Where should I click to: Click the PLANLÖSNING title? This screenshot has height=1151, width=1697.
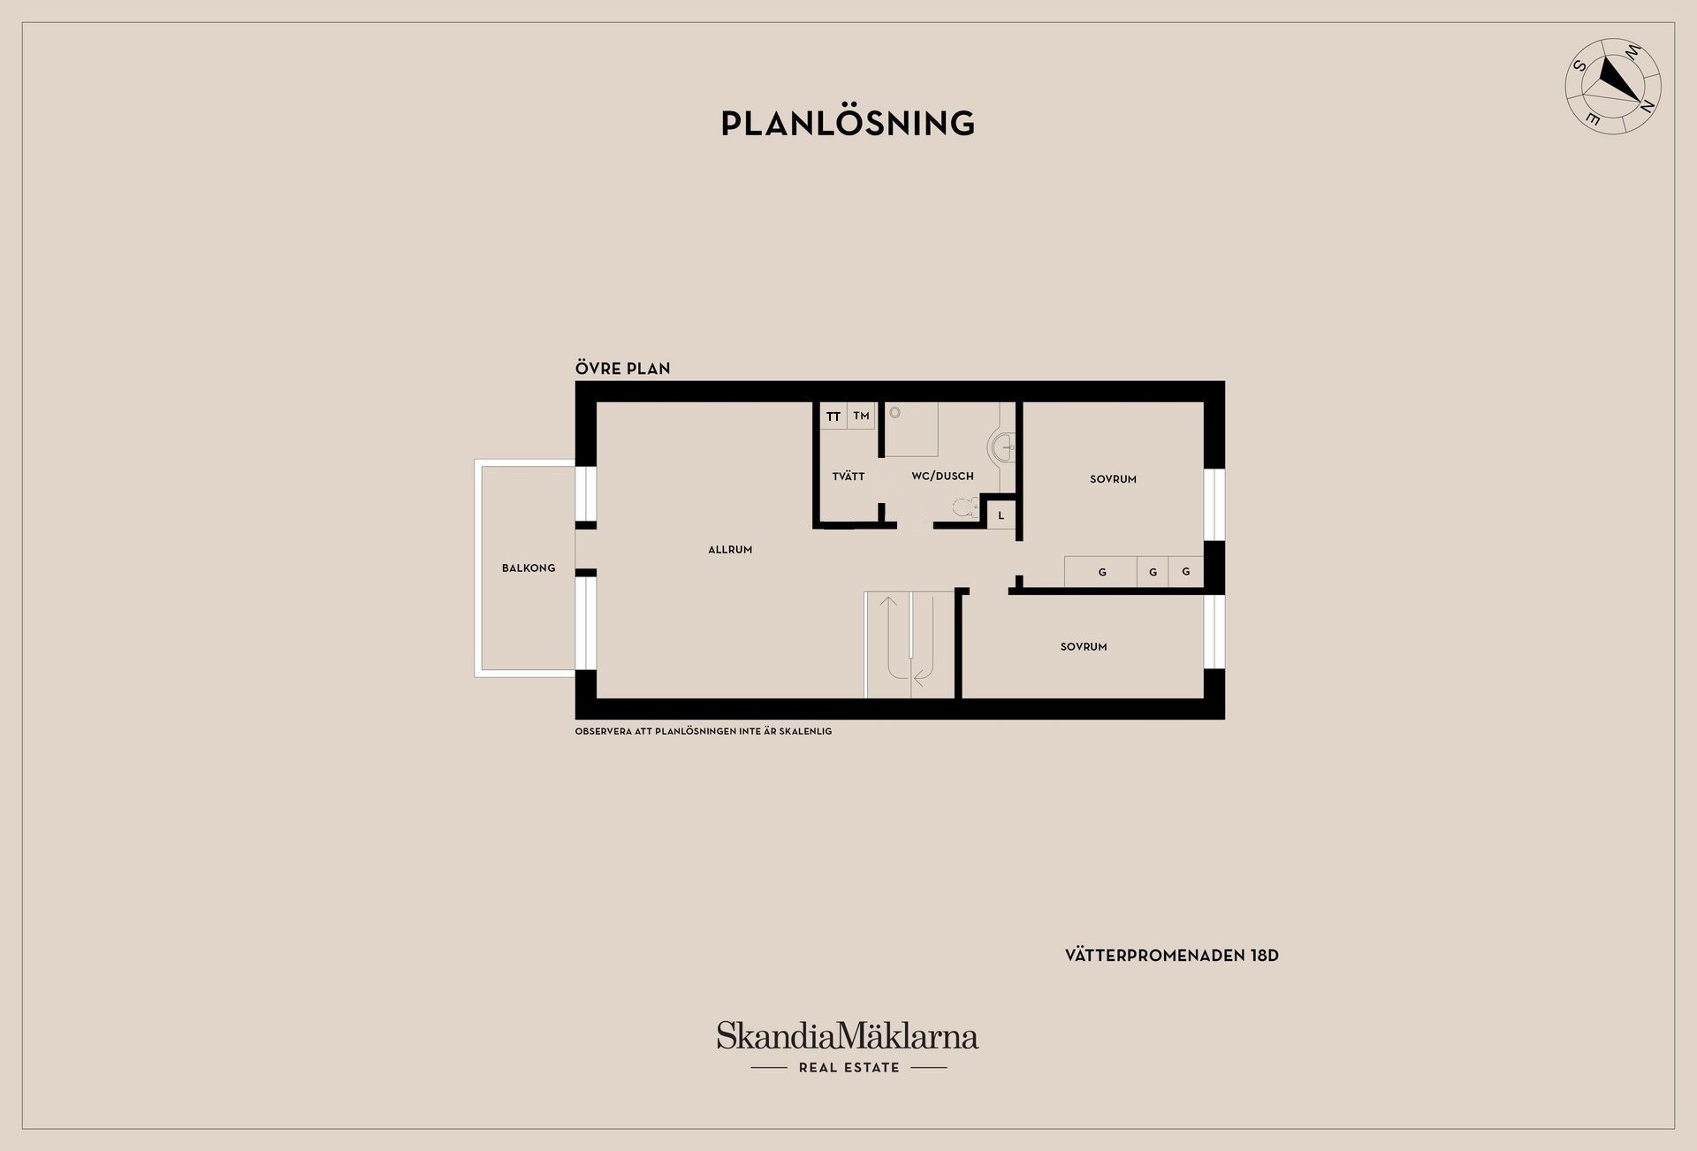[848, 123]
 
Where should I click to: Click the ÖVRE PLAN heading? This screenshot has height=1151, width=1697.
[622, 368]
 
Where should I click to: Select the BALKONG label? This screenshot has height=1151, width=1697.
[529, 568]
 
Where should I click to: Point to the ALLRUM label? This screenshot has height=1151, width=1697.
[730, 549]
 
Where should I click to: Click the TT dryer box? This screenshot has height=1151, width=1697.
[833, 415]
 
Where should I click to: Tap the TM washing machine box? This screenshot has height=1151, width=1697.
[861, 415]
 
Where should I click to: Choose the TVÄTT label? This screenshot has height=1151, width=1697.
[848, 476]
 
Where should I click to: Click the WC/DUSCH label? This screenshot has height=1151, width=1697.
[942, 476]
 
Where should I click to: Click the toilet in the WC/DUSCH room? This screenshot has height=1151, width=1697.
[966, 507]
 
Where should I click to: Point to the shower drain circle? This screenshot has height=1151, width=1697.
[894, 412]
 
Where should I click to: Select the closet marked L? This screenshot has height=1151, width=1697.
[1001, 515]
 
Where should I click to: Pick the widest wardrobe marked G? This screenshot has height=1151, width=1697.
[1101, 571]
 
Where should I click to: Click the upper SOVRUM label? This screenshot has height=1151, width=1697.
[1113, 479]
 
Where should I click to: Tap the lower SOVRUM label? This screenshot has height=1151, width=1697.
[1084, 646]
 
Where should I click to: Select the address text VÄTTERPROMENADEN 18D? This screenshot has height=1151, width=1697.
[1172, 956]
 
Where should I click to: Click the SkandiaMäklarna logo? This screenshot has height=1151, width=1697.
[847, 1035]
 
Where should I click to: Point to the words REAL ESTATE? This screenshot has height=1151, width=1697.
[848, 1067]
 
